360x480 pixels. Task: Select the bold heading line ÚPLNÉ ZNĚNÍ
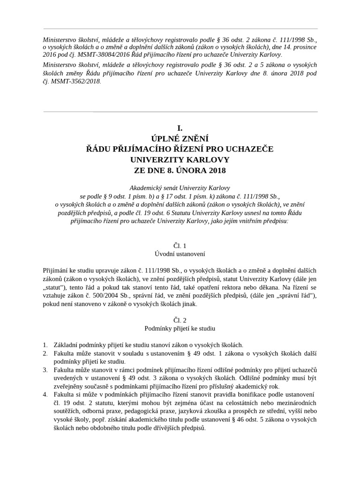tap(180, 139)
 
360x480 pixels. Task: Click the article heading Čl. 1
tap(180, 246)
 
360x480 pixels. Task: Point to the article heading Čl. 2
tap(180, 320)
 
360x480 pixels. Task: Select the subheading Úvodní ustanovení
tap(180, 254)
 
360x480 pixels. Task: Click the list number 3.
tap(45, 370)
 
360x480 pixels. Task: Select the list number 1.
tap(45, 345)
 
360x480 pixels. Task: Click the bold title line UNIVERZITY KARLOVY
tap(180, 159)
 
